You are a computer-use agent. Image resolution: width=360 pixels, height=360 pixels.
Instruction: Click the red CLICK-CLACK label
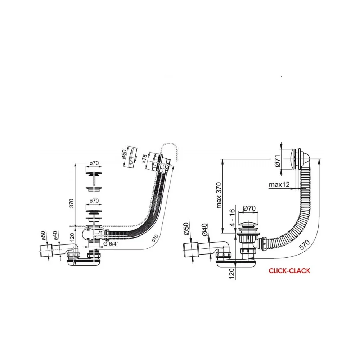pos(289,271)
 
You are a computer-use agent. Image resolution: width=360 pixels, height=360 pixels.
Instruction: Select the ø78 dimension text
pos(144,159)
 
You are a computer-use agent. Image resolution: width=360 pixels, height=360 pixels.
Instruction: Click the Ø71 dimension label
pos(277,161)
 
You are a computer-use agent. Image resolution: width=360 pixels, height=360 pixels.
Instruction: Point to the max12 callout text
pos(279,184)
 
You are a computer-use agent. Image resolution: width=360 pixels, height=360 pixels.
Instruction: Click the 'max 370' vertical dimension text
pos(219,195)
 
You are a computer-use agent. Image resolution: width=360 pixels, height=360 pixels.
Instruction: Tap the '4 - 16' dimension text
pos(232,217)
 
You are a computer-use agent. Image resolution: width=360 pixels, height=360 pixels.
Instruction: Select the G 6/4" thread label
pos(111,244)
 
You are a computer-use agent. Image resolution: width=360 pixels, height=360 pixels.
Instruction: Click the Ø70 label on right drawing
pos(249,208)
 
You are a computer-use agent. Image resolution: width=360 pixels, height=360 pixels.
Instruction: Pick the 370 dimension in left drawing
pos(72,203)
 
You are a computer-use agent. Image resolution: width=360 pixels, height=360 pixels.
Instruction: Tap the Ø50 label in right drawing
pos(186,229)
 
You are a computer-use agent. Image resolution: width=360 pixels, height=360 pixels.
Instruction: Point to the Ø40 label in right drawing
pos(205,230)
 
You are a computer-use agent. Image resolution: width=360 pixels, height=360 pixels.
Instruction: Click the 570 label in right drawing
pos(305,244)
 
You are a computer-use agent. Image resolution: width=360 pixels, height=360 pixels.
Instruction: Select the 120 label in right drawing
pos(232,274)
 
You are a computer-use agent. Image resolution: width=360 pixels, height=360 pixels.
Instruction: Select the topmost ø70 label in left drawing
pos(94,163)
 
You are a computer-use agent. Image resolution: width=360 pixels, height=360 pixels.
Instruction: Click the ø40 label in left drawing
pos(55,235)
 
